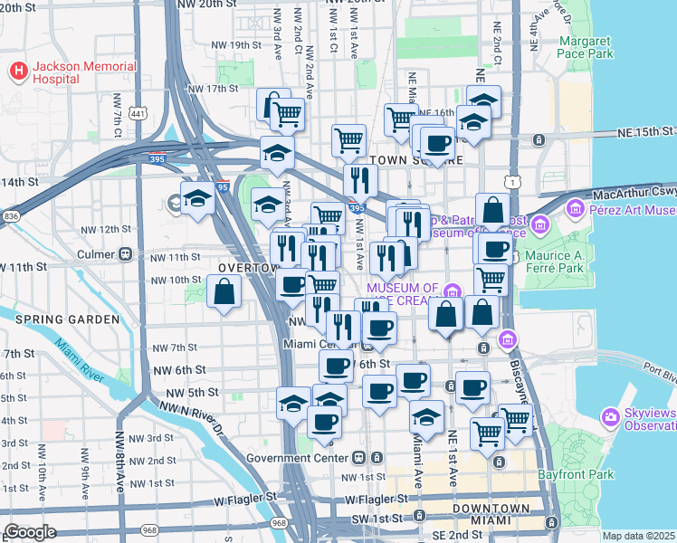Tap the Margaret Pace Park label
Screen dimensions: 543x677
tap(586, 48)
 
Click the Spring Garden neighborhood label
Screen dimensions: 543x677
tap(67, 319)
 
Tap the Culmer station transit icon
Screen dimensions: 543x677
tap(126, 255)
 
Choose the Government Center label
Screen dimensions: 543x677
tap(310, 458)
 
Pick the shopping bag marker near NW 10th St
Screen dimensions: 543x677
tap(223, 293)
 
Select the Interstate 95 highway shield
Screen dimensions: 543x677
tap(223, 187)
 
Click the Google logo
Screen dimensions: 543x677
tap(31, 532)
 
